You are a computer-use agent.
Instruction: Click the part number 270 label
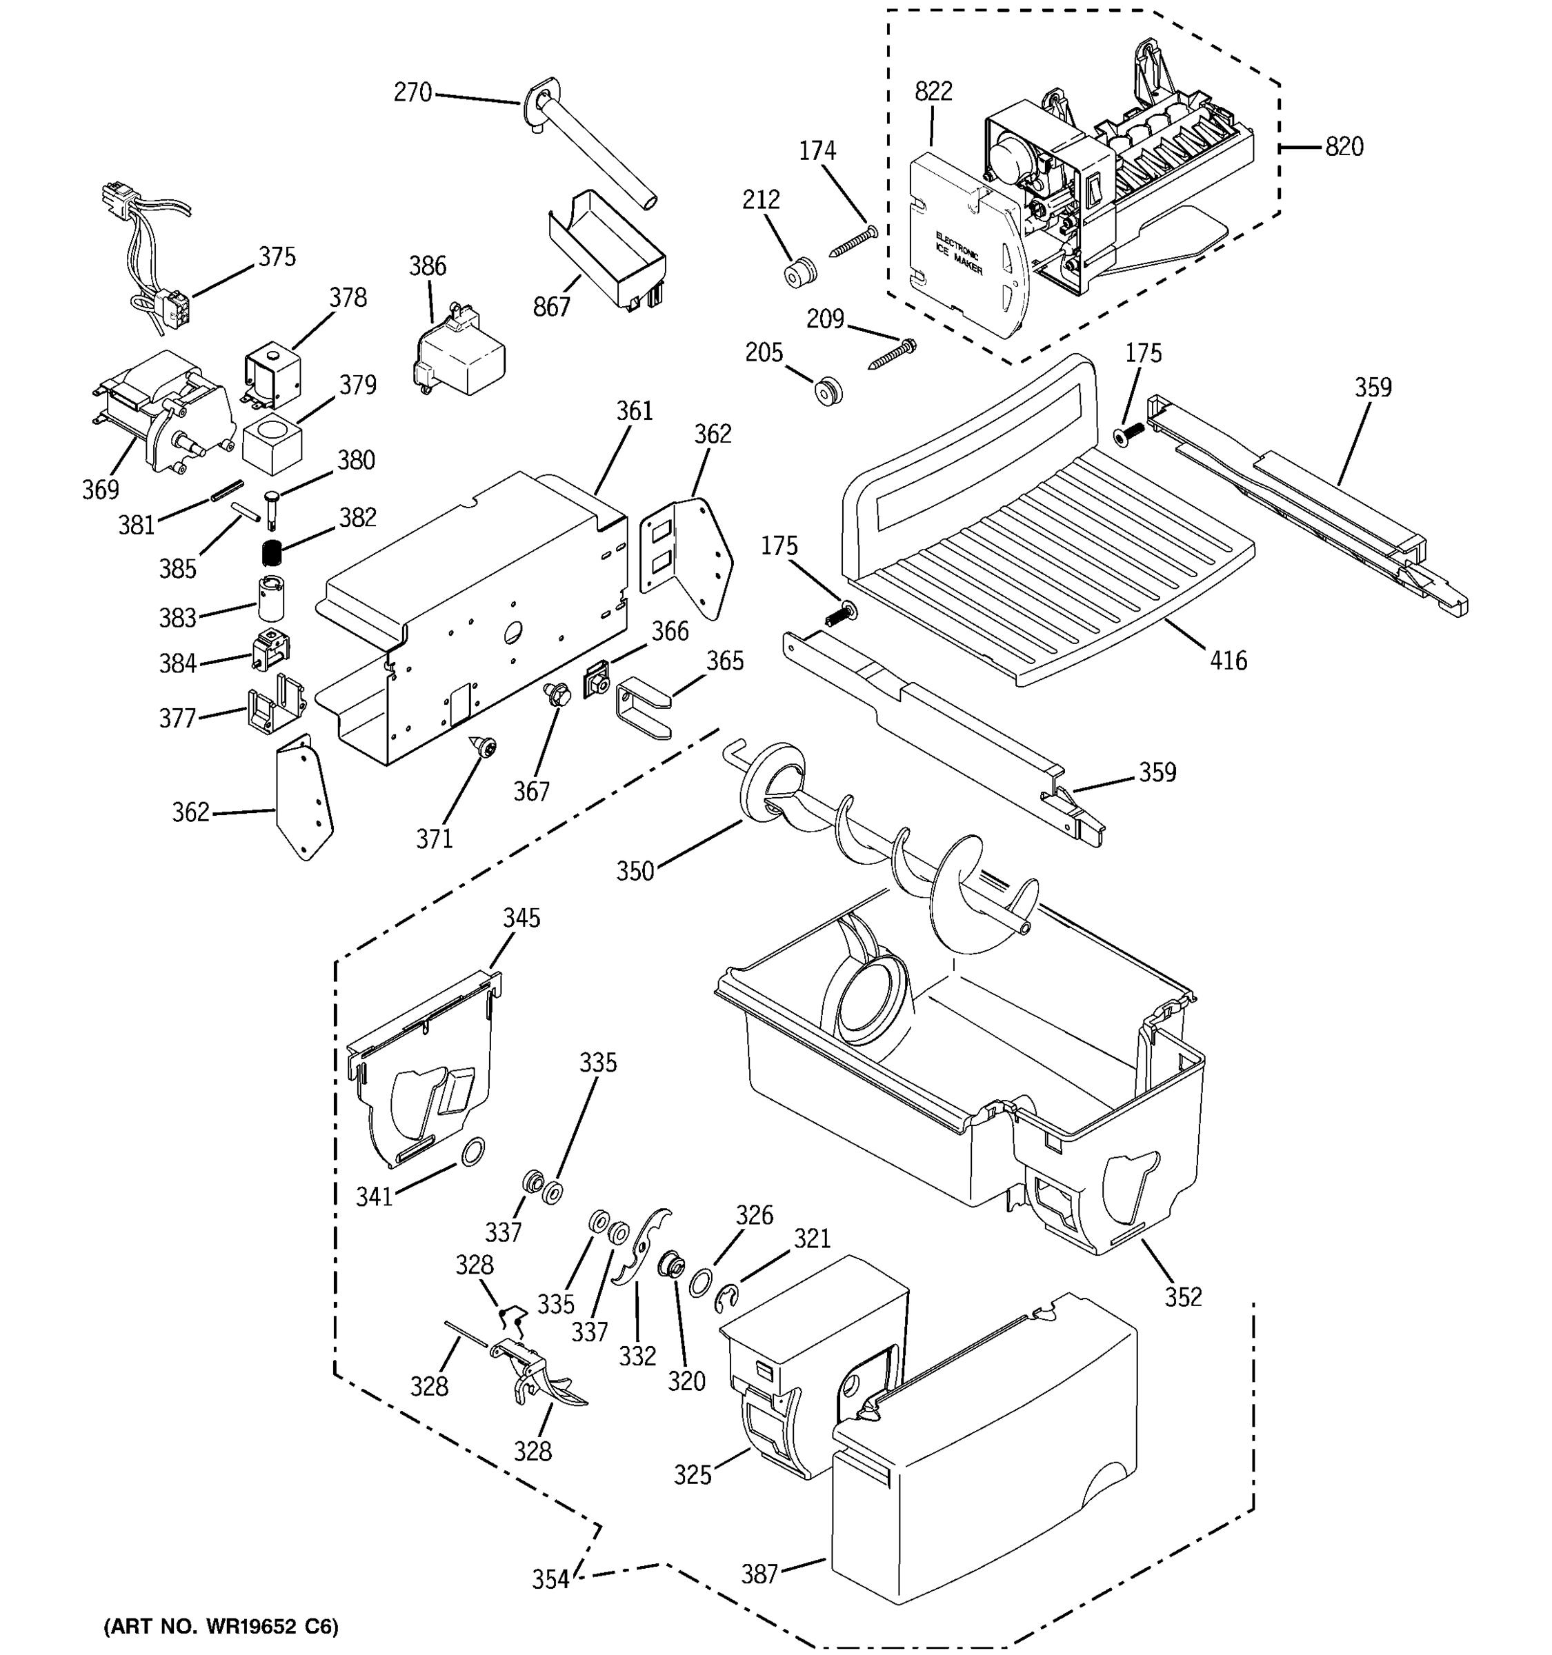(x=412, y=92)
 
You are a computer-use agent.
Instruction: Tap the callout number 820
(x=1344, y=148)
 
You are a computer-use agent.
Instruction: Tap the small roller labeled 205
(x=828, y=390)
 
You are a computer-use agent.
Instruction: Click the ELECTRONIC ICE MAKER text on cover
(x=958, y=254)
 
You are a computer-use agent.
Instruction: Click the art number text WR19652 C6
(x=221, y=1627)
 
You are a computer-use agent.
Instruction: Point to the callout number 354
(x=551, y=1579)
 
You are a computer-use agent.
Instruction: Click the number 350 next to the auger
(x=635, y=872)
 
